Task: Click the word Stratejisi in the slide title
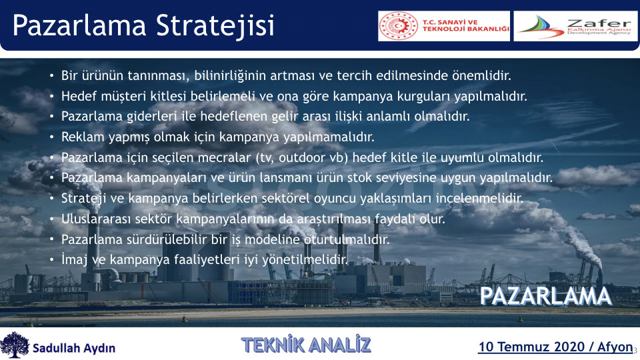click(x=215, y=25)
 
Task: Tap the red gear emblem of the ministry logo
click(x=399, y=26)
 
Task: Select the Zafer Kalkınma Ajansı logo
click(x=575, y=26)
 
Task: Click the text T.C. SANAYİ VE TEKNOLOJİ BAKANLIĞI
click(x=466, y=26)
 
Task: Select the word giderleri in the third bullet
click(x=151, y=117)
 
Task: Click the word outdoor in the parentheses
click(x=301, y=157)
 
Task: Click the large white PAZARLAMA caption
click(x=546, y=297)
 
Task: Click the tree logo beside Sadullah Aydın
click(x=15, y=345)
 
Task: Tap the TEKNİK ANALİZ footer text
click(x=306, y=345)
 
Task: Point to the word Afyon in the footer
click(x=615, y=347)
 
